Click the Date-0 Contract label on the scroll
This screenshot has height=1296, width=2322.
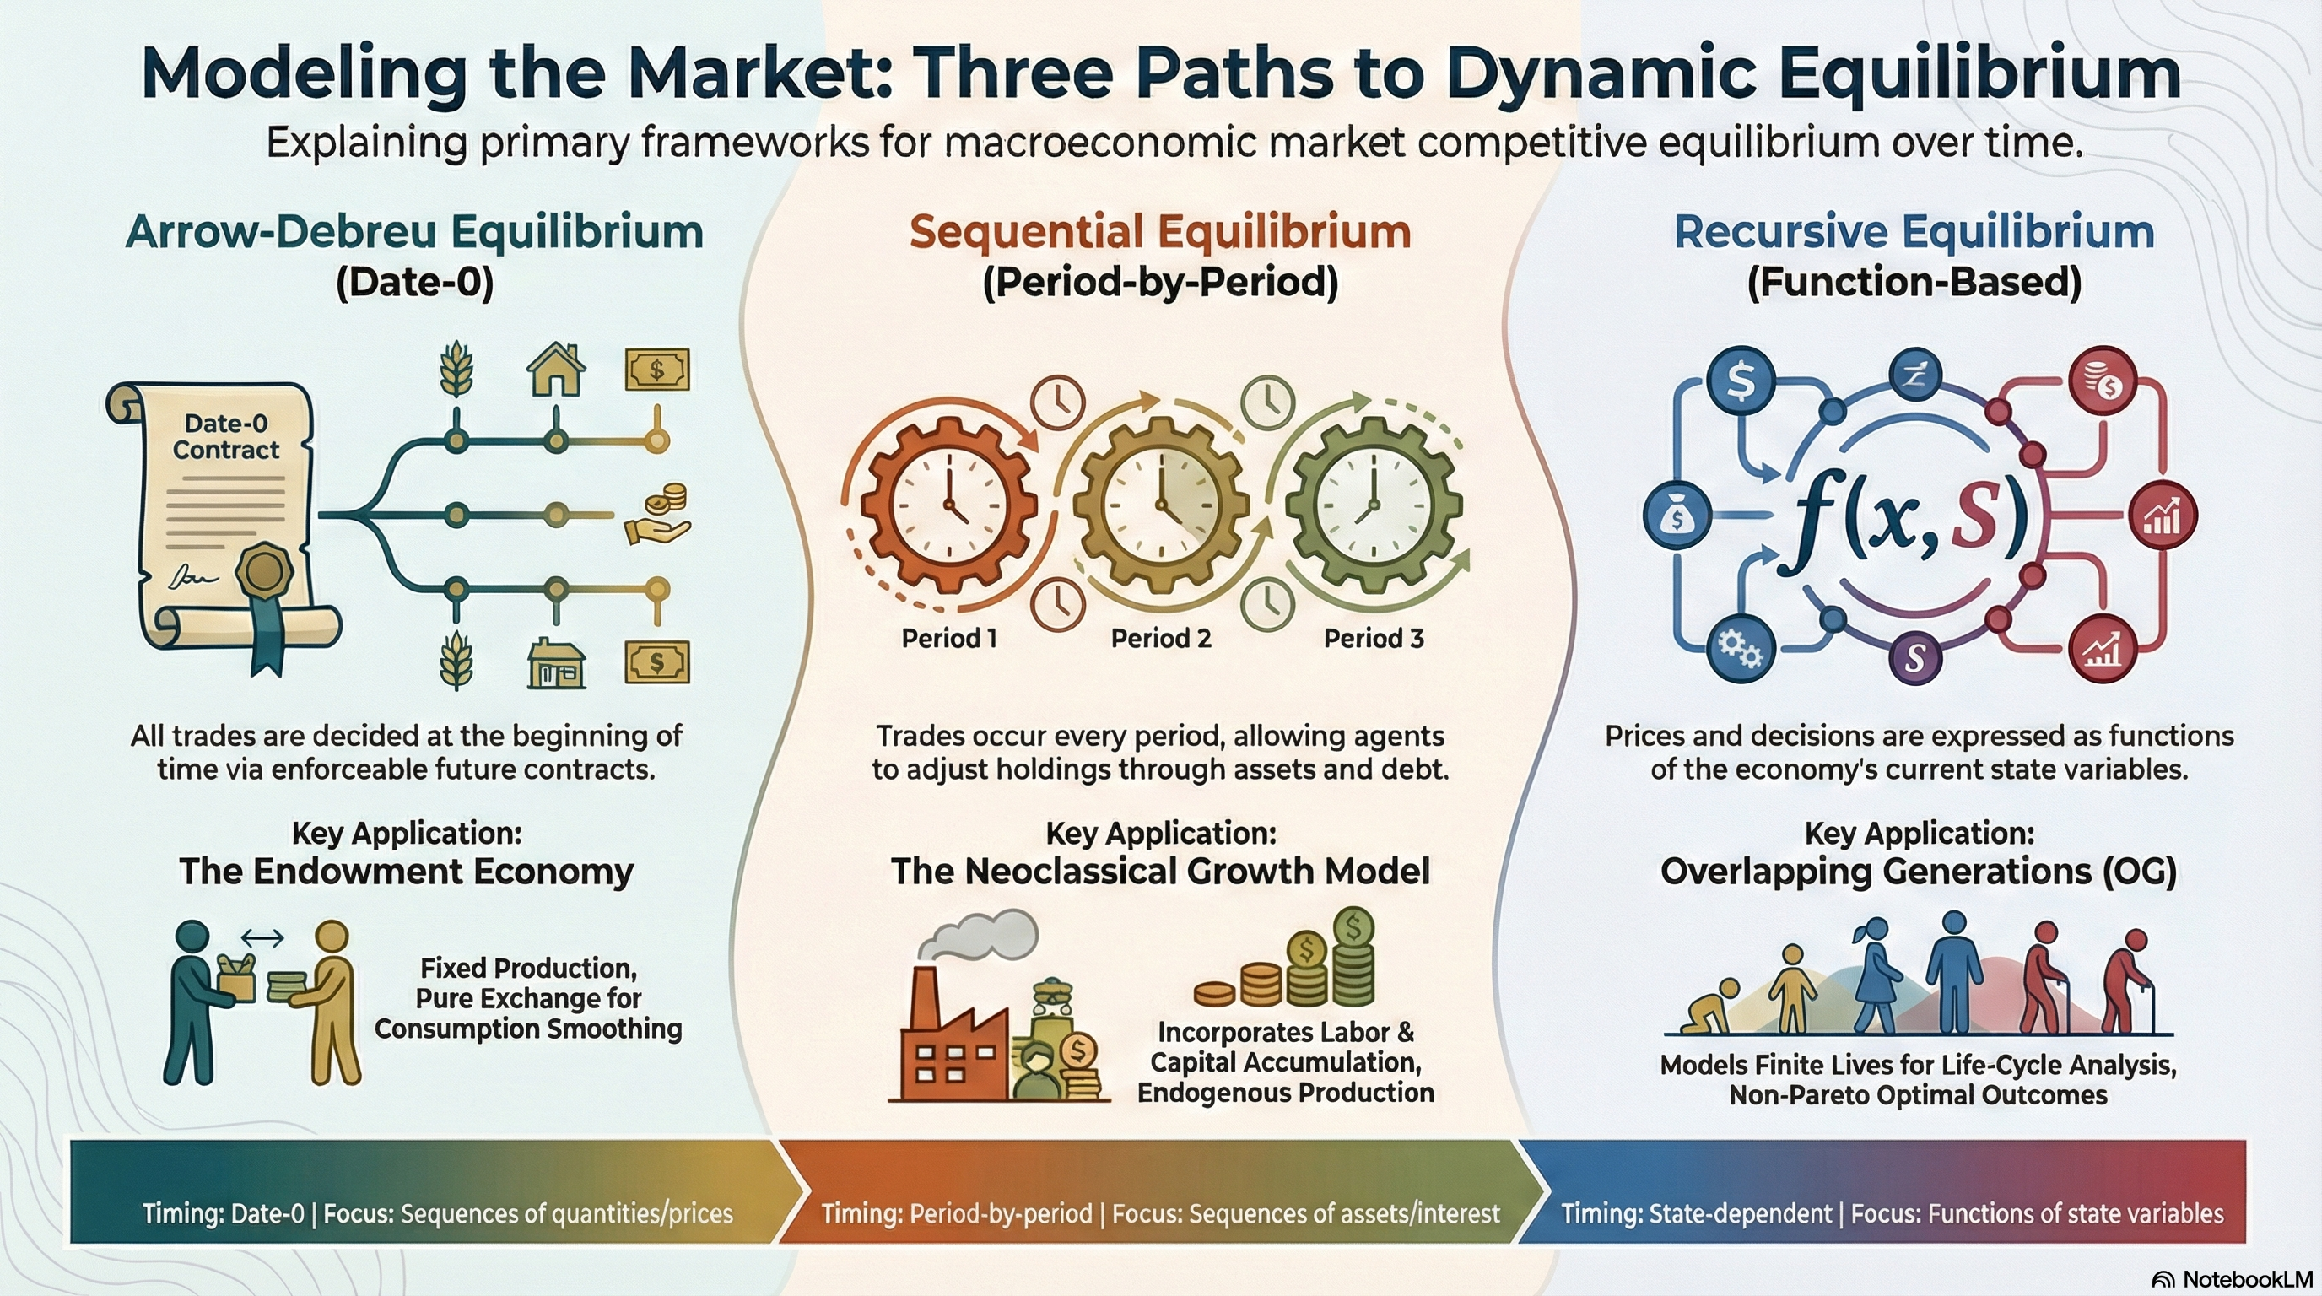point(225,436)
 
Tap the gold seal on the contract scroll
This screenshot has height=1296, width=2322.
point(264,570)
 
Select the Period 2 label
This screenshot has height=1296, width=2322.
point(1161,638)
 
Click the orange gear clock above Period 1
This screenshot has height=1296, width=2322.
point(948,505)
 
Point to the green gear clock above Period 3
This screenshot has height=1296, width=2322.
point(1373,505)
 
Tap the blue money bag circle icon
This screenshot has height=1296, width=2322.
point(1677,516)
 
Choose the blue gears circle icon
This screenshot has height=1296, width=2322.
point(1741,648)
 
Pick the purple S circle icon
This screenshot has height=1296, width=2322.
point(1915,658)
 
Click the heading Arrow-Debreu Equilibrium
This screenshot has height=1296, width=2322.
point(414,232)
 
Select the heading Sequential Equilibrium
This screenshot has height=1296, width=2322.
point(1160,232)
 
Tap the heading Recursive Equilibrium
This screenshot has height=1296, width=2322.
point(1914,232)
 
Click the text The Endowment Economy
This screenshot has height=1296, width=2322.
point(407,872)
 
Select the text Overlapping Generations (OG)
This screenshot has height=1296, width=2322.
point(1918,872)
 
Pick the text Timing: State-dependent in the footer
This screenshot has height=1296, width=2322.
point(1696,1213)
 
